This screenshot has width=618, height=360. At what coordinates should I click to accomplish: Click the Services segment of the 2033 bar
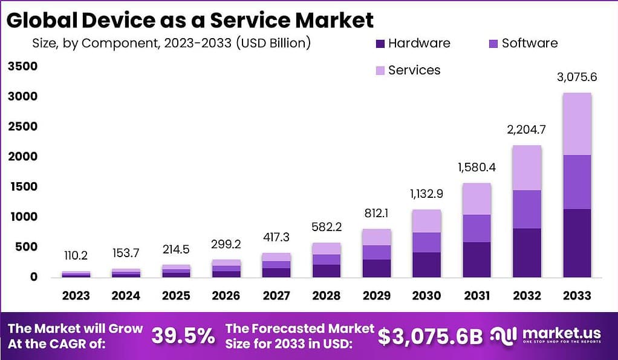[x=577, y=123]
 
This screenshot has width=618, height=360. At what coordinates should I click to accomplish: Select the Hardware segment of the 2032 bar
[x=527, y=252]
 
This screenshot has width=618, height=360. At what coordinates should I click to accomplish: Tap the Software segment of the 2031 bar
[x=477, y=228]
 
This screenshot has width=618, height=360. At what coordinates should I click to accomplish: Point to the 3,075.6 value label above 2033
[x=577, y=77]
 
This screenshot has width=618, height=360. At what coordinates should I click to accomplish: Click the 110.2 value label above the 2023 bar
[x=76, y=256]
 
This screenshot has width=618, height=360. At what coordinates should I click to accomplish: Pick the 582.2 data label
[x=327, y=226]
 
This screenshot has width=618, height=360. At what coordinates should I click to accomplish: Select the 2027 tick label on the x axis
[x=276, y=295]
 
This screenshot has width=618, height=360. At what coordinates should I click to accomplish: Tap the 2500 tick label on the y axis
[x=23, y=126]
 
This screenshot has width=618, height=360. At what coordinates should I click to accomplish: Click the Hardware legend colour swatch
[x=380, y=44]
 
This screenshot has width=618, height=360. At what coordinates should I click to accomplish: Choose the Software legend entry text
[x=530, y=43]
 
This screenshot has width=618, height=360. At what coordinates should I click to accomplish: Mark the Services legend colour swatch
[x=380, y=71]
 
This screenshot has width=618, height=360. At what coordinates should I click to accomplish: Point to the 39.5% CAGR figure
[x=183, y=336]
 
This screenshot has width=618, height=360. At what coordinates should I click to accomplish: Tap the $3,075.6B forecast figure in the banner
[x=430, y=336]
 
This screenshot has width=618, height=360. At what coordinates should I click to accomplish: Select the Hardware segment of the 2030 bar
[x=426, y=264]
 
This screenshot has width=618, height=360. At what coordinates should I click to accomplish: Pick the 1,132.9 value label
[x=427, y=194]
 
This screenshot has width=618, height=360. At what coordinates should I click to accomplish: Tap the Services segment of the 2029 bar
[x=377, y=237]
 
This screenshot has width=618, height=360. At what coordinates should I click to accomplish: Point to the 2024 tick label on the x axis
[x=126, y=295]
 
